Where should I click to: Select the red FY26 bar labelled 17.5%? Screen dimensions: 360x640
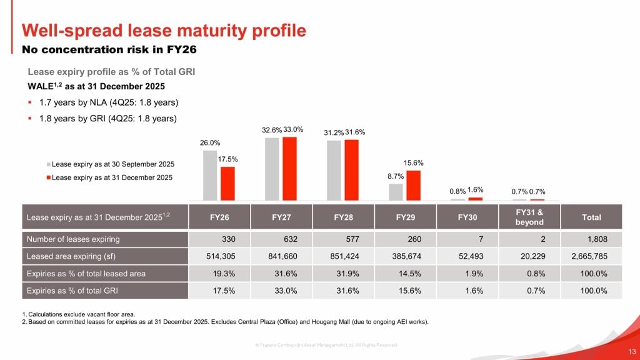(x=227, y=183)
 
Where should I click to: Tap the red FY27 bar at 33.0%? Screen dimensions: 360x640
(x=289, y=168)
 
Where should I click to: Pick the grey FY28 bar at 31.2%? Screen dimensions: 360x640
(x=334, y=170)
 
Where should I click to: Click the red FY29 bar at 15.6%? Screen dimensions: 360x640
(x=413, y=185)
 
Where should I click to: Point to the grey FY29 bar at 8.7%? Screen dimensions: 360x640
(x=396, y=192)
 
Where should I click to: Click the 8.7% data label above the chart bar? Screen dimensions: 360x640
(x=396, y=177)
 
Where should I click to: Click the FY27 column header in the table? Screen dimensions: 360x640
(x=281, y=217)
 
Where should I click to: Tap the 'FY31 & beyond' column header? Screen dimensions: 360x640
(x=529, y=217)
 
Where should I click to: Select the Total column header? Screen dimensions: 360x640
(x=591, y=217)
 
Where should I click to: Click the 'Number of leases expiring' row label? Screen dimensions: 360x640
(x=73, y=239)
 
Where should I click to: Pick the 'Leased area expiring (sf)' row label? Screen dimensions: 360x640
(x=75, y=256)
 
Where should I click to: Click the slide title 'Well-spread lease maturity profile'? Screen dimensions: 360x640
(x=164, y=30)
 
